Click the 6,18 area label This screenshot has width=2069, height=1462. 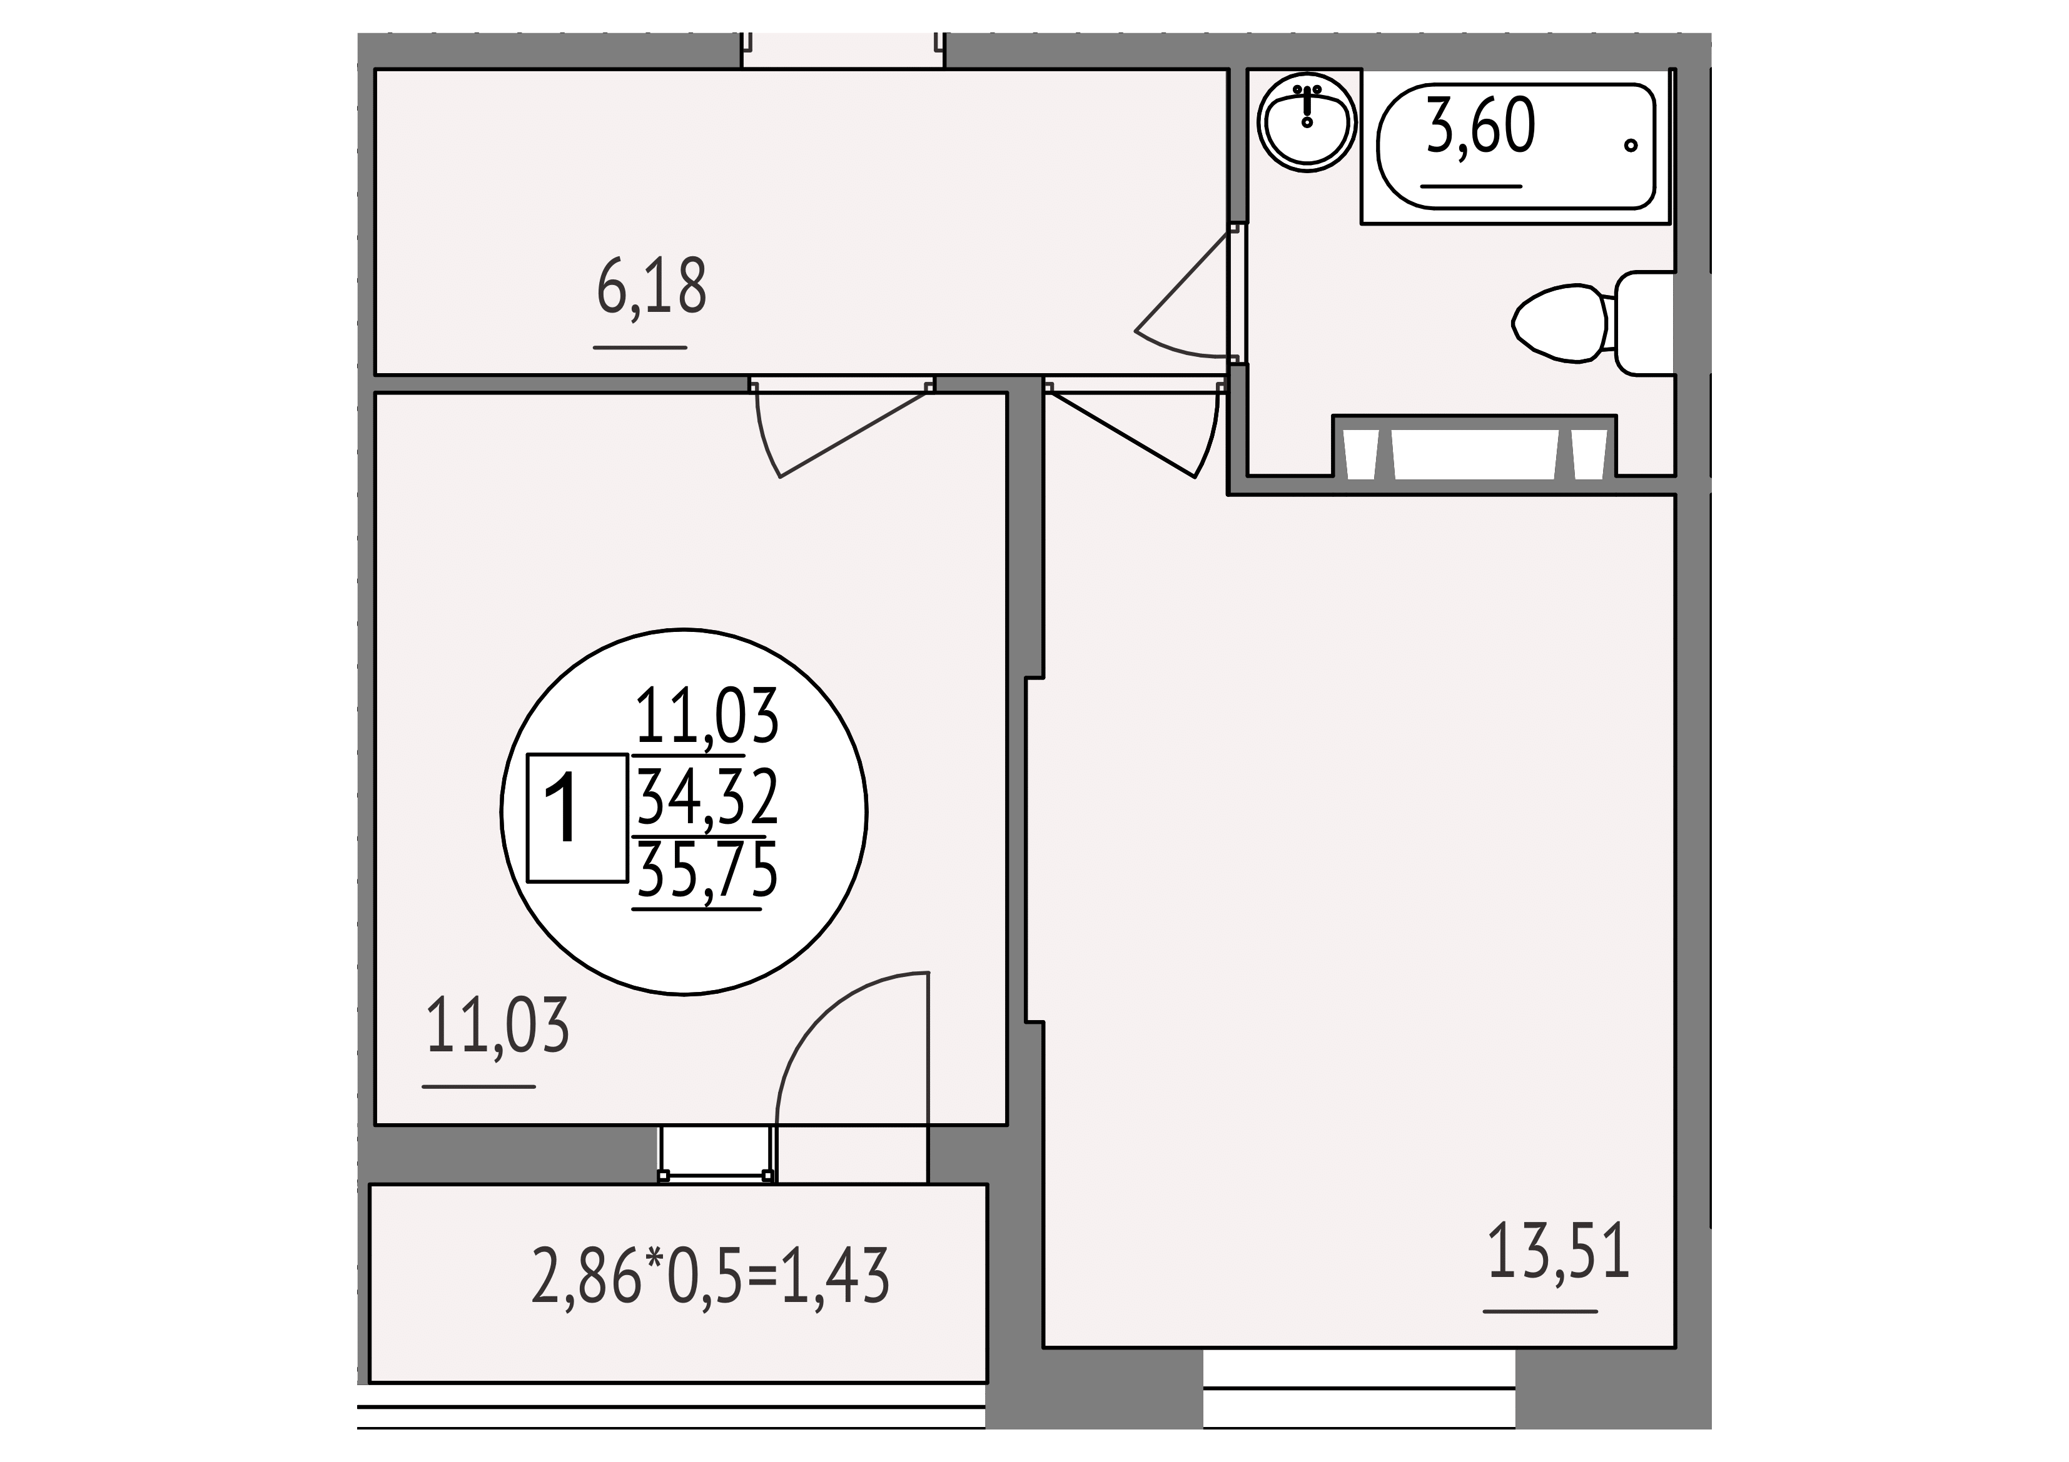pos(652,286)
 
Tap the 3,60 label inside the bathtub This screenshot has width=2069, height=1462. pos(1480,127)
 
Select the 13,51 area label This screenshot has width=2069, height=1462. pos(1558,1250)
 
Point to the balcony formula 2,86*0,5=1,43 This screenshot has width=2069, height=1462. pos(710,1276)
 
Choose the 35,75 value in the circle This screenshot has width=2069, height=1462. pos(707,871)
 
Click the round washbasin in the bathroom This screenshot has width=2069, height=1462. pos(1307,122)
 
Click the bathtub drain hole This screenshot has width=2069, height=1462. pos(1630,145)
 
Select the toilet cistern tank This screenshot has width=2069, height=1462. pos(1644,323)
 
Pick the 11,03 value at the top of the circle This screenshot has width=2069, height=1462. pos(707,716)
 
